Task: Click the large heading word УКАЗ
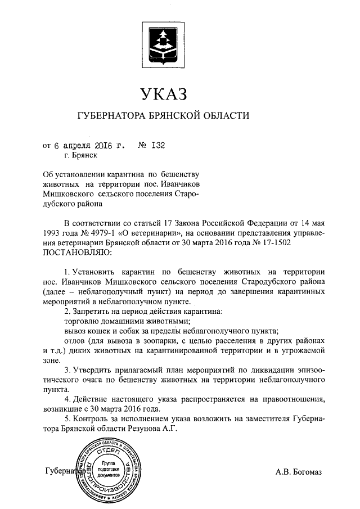pos(163,93)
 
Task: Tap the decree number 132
pos(157,145)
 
